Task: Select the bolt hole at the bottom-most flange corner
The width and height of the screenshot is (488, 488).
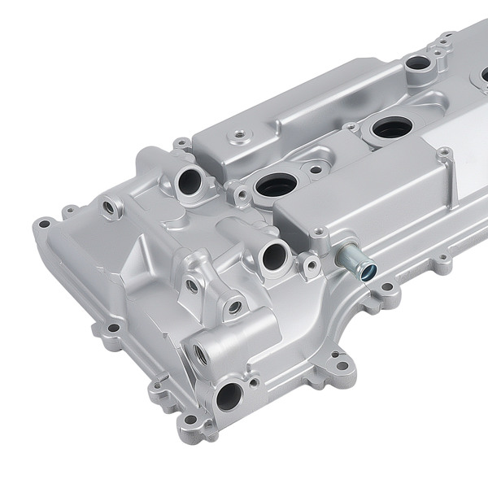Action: click(x=190, y=420)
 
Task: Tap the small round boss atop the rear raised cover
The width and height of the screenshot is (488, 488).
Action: click(x=240, y=135)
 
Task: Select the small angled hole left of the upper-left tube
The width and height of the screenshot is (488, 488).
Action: click(x=108, y=208)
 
